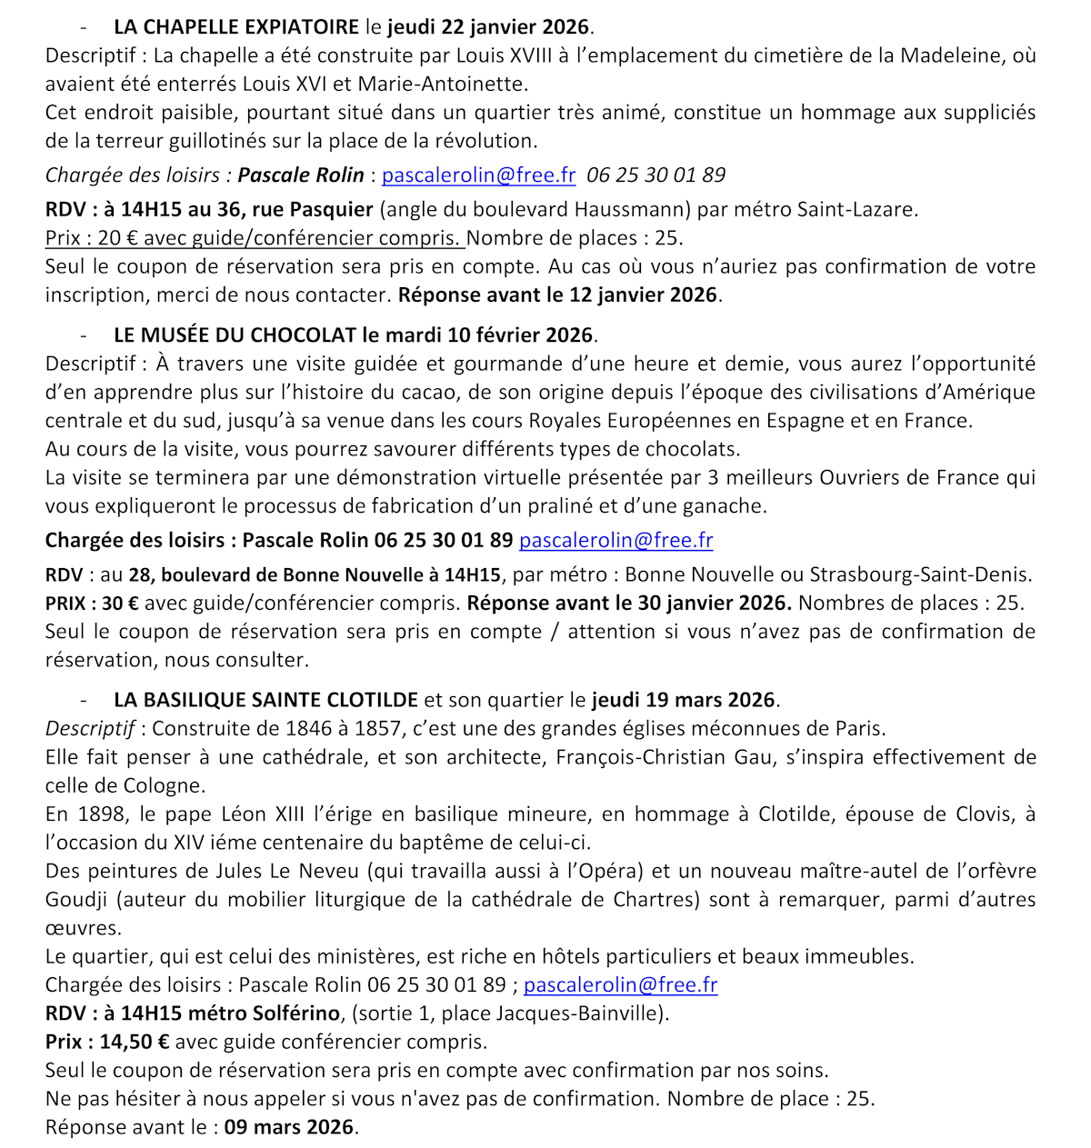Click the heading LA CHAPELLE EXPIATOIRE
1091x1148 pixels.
(x=237, y=27)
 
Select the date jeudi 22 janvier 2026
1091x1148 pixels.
(x=489, y=27)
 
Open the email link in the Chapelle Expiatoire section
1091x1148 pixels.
(x=478, y=175)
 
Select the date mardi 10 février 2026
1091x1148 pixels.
(x=496, y=334)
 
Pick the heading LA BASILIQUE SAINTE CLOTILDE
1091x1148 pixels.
(x=265, y=700)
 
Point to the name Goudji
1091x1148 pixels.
(x=76, y=900)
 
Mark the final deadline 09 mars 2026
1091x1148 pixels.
(x=289, y=1127)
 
